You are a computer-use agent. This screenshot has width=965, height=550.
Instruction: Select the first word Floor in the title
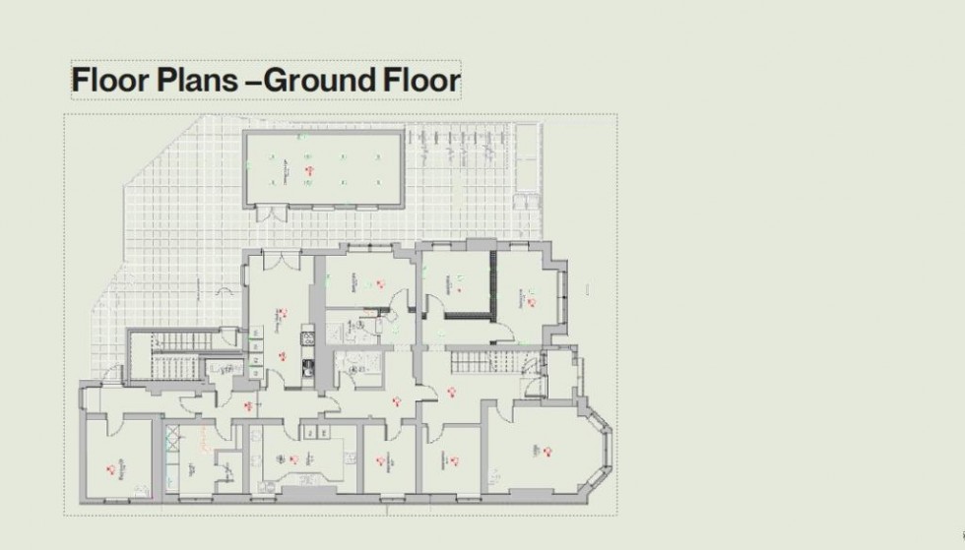tap(107, 81)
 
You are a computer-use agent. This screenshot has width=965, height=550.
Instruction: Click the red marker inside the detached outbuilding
tap(309, 170)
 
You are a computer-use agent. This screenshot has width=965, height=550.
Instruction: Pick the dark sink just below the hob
tap(306, 369)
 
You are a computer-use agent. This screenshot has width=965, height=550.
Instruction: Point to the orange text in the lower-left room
tap(122, 462)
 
